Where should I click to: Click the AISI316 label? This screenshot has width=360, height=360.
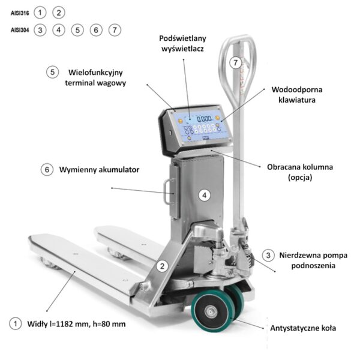pyautogui.click(x=20, y=13)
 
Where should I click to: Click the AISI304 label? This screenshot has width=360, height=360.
pyautogui.click(x=20, y=30)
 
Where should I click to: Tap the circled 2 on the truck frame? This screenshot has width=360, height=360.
pyautogui.click(x=163, y=266)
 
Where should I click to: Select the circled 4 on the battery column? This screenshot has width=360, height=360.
pyautogui.click(x=205, y=196)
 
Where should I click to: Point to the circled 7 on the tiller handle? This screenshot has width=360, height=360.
pyautogui.click(x=236, y=62)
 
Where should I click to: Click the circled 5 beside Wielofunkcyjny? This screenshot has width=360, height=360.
pyautogui.click(x=52, y=73)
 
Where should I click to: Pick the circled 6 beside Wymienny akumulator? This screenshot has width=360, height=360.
pyautogui.click(x=47, y=170)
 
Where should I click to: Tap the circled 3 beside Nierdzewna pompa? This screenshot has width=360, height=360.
pyautogui.click(x=268, y=255)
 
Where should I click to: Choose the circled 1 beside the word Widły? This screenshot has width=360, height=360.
pyautogui.click(x=16, y=324)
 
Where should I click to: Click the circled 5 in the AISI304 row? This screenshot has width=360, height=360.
pyautogui.click(x=77, y=30)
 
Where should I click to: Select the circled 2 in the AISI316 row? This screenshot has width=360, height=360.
pyautogui.click(x=59, y=13)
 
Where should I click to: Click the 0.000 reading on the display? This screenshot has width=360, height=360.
pyautogui.click(x=205, y=119)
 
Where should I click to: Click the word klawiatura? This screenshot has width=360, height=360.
pyautogui.click(x=297, y=100)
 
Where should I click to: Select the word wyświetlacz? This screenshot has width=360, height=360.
pyautogui.click(x=182, y=49)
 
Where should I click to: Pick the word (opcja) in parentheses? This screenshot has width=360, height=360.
pyautogui.click(x=300, y=177)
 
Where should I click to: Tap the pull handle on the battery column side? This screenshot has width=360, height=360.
pyautogui.click(x=167, y=192)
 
